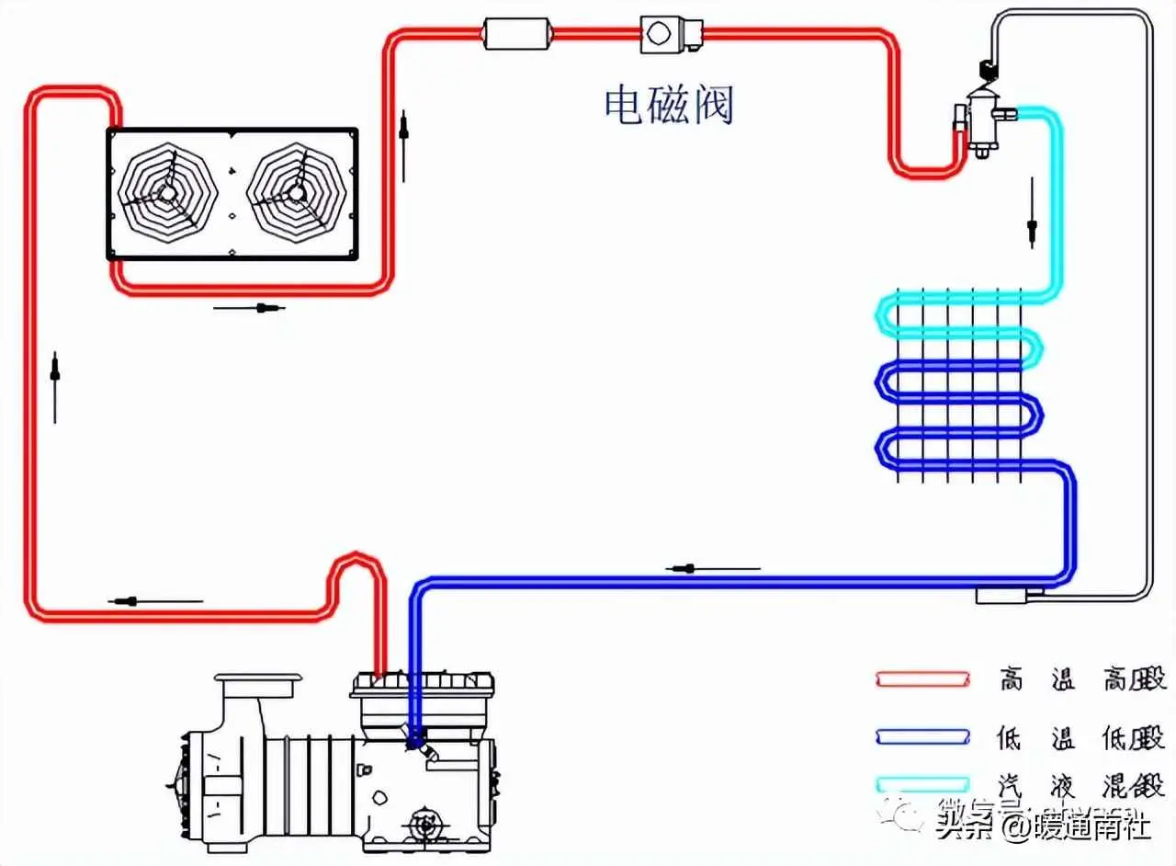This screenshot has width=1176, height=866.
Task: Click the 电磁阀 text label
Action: click(x=669, y=105)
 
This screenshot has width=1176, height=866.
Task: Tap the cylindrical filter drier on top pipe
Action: click(x=516, y=35)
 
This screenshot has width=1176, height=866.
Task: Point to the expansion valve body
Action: click(x=981, y=120)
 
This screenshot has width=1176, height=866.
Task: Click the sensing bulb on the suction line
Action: click(x=1007, y=597)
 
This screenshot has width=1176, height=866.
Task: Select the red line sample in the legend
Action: click(x=922, y=679)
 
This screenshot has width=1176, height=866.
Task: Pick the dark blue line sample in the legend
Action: click(x=922, y=735)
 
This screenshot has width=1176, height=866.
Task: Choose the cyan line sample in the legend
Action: click(x=922, y=784)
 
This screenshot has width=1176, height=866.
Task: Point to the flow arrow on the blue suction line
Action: click(x=712, y=569)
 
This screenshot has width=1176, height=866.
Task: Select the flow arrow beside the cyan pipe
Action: click(x=1033, y=213)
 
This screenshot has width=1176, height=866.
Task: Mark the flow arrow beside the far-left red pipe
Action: click(x=56, y=386)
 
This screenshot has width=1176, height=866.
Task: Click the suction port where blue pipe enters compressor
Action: click(x=415, y=735)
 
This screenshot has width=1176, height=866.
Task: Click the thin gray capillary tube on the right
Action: click(x=1148, y=322)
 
